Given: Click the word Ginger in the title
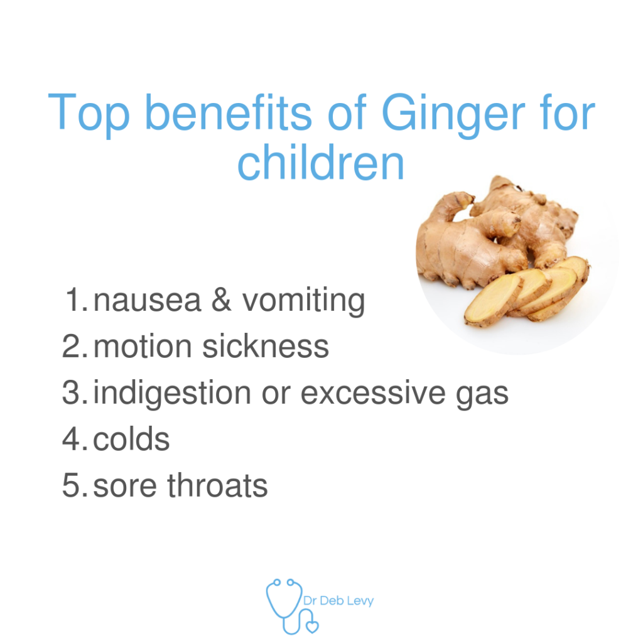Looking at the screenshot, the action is point(453,115).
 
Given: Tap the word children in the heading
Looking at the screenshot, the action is point(321,163).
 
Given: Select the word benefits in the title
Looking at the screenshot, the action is point(229,112).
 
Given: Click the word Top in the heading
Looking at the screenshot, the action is point(89,115).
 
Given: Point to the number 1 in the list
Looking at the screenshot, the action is point(77,300).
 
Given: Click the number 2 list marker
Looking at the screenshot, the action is point(75,346).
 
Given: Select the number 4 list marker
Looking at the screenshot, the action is point(75,438).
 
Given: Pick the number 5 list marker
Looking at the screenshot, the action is point(75,485).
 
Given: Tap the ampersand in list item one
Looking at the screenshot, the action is point(222,300).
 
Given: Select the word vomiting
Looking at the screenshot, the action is point(303,302).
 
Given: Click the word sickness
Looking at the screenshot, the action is point(266,346).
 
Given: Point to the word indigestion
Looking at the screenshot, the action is point(172,394).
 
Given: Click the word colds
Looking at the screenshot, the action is point(131,438).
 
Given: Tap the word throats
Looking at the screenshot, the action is point(217,485).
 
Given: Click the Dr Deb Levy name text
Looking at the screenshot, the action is point(338,601).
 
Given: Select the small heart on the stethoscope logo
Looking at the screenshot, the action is point(313,627).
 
